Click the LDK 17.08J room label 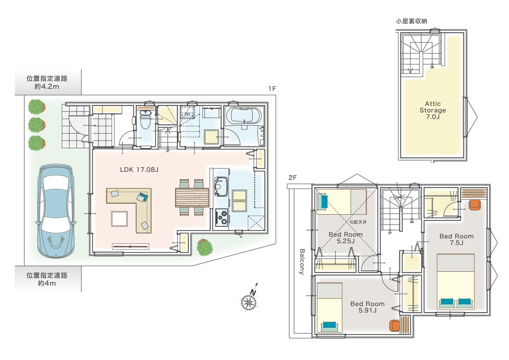click(x=139, y=169)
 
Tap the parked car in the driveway click(x=56, y=211)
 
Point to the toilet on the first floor click(x=145, y=119)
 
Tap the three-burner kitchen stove click(x=222, y=217)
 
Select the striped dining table click(x=192, y=197)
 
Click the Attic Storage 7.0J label click(x=433, y=110)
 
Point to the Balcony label click(x=302, y=262)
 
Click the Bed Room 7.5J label click(x=456, y=239)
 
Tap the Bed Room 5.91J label click(x=367, y=307)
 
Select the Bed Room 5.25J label click(x=345, y=237)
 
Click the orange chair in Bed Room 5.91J click(x=394, y=325)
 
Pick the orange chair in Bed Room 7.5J click(x=474, y=205)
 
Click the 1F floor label click(x=272, y=88)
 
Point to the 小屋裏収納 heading click(x=411, y=21)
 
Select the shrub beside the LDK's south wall click(x=205, y=247)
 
